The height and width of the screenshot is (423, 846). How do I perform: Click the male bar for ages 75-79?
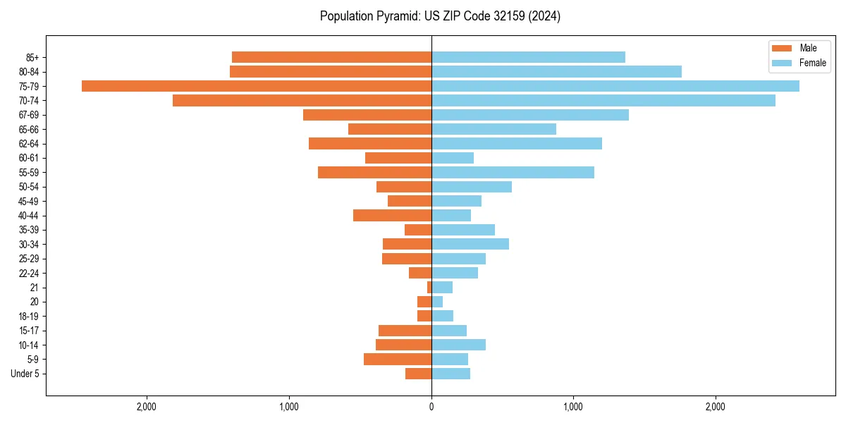point(257,86)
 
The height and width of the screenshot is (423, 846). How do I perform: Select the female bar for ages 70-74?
point(603,101)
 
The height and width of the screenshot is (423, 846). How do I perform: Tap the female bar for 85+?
point(528,57)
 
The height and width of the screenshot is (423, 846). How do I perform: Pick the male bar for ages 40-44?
point(392,216)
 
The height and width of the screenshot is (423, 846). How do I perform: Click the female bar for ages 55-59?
point(513,173)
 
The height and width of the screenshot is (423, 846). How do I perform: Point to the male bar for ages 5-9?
point(398,360)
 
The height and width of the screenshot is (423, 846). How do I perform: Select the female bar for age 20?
point(437,302)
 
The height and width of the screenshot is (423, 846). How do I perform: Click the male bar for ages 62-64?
point(370,144)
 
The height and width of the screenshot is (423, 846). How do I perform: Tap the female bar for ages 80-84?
point(556,72)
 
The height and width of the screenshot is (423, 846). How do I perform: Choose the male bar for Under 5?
point(418,374)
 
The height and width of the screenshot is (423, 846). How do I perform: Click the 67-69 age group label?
point(29,115)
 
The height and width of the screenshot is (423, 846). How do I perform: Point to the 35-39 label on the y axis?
point(29,230)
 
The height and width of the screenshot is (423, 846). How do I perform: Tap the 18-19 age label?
point(29,317)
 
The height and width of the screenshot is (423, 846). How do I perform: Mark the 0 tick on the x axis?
point(431,407)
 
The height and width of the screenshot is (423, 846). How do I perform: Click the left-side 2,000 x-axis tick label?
point(147,407)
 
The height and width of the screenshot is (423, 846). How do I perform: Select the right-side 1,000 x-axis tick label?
point(573,407)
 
